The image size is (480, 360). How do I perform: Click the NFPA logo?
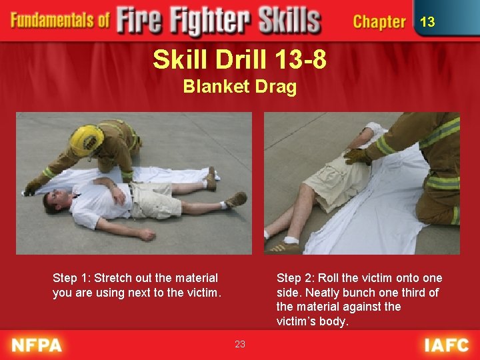37,345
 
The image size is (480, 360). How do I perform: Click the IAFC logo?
446,345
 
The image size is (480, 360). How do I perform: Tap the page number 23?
240,344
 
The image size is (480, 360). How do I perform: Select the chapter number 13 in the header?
427,22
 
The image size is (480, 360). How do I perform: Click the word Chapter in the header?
379,22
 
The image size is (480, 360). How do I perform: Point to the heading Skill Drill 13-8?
239,60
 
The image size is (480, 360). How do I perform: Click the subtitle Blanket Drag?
239,87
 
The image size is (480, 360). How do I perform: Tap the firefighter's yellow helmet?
87,140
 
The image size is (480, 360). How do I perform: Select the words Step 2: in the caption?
296,278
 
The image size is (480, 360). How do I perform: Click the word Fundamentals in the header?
59,20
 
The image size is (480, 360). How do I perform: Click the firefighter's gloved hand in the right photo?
358,157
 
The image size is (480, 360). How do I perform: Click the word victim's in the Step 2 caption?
296,321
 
